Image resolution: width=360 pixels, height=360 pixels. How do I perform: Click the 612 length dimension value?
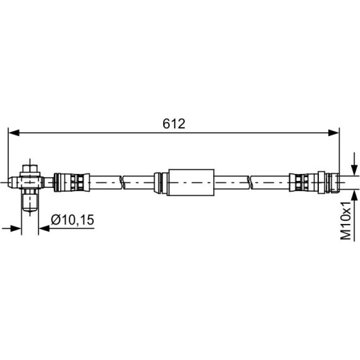coord(174,124)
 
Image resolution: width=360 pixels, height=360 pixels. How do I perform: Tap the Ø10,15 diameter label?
coord(72,220)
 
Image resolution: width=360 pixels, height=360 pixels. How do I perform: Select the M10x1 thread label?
coord(346,221)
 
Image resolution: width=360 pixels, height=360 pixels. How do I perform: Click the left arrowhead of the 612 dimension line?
coord(14,133)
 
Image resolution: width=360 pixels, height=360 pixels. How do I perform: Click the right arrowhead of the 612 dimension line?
coord(334,133)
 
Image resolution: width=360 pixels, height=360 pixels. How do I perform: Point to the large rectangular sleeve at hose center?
coord(191,182)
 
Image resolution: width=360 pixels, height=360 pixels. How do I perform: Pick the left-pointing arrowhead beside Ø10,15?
coord(44,229)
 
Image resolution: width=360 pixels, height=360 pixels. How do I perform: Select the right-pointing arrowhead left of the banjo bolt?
coord(16,229)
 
